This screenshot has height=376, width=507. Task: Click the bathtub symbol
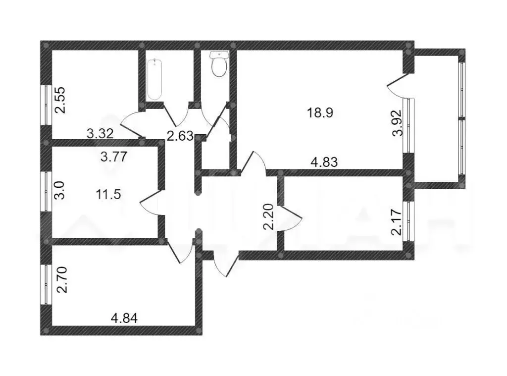pyautogui.click(x=154, y=78)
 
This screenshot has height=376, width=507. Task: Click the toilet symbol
pyautogui.click(x=218, y=64)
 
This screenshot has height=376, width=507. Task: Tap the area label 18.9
pyautogui.click(x=320, y=112)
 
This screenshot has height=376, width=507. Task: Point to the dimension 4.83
pyautogui.click(x=324, y=163)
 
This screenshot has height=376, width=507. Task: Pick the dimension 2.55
pyautogui.click(x=60, y=101)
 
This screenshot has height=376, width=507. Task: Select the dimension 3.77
pyautogui.click(x=114, y=158)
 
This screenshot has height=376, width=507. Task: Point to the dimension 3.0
pyautogui.click(x=58, y=190)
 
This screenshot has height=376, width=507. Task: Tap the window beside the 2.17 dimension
pyautogui.click(x=409, y=221)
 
